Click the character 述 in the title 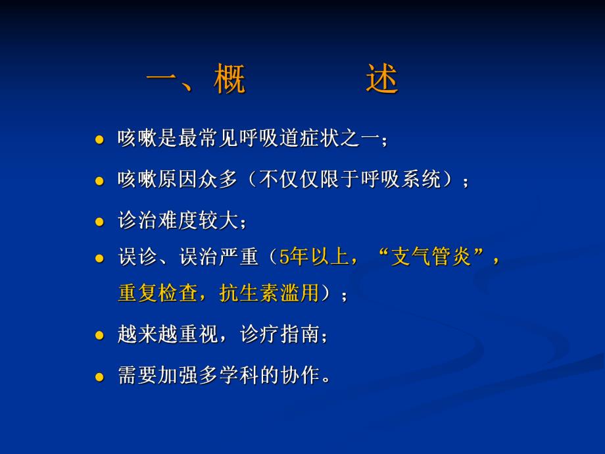tap(382, 81)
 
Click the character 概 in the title tap(230, 81)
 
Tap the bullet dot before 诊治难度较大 tap(100, 221)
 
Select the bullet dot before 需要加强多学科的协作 tap(100, 377)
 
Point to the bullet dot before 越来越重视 tap(100, 336)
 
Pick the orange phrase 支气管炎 tap(431, 257)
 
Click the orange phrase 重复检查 tap(157, 293)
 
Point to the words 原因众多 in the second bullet tap(197, 180)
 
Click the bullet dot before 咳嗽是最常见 tap(100, 140)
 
